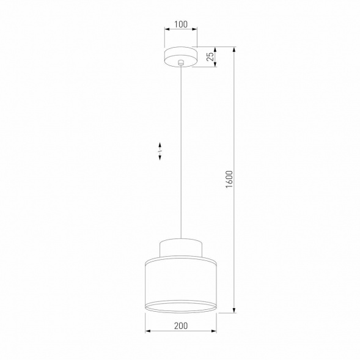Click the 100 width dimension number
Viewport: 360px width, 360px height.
(180, 25)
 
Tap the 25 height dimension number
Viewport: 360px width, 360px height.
(210, 57)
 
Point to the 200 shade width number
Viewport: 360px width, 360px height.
(180, 326)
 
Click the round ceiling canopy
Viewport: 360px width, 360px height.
(180, 54)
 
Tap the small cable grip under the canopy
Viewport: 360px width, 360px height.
(180, 64)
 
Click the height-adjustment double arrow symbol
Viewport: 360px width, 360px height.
(160, 150)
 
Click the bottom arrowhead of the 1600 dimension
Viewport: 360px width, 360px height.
(235, 311)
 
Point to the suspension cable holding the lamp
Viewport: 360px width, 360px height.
(180, 153)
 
